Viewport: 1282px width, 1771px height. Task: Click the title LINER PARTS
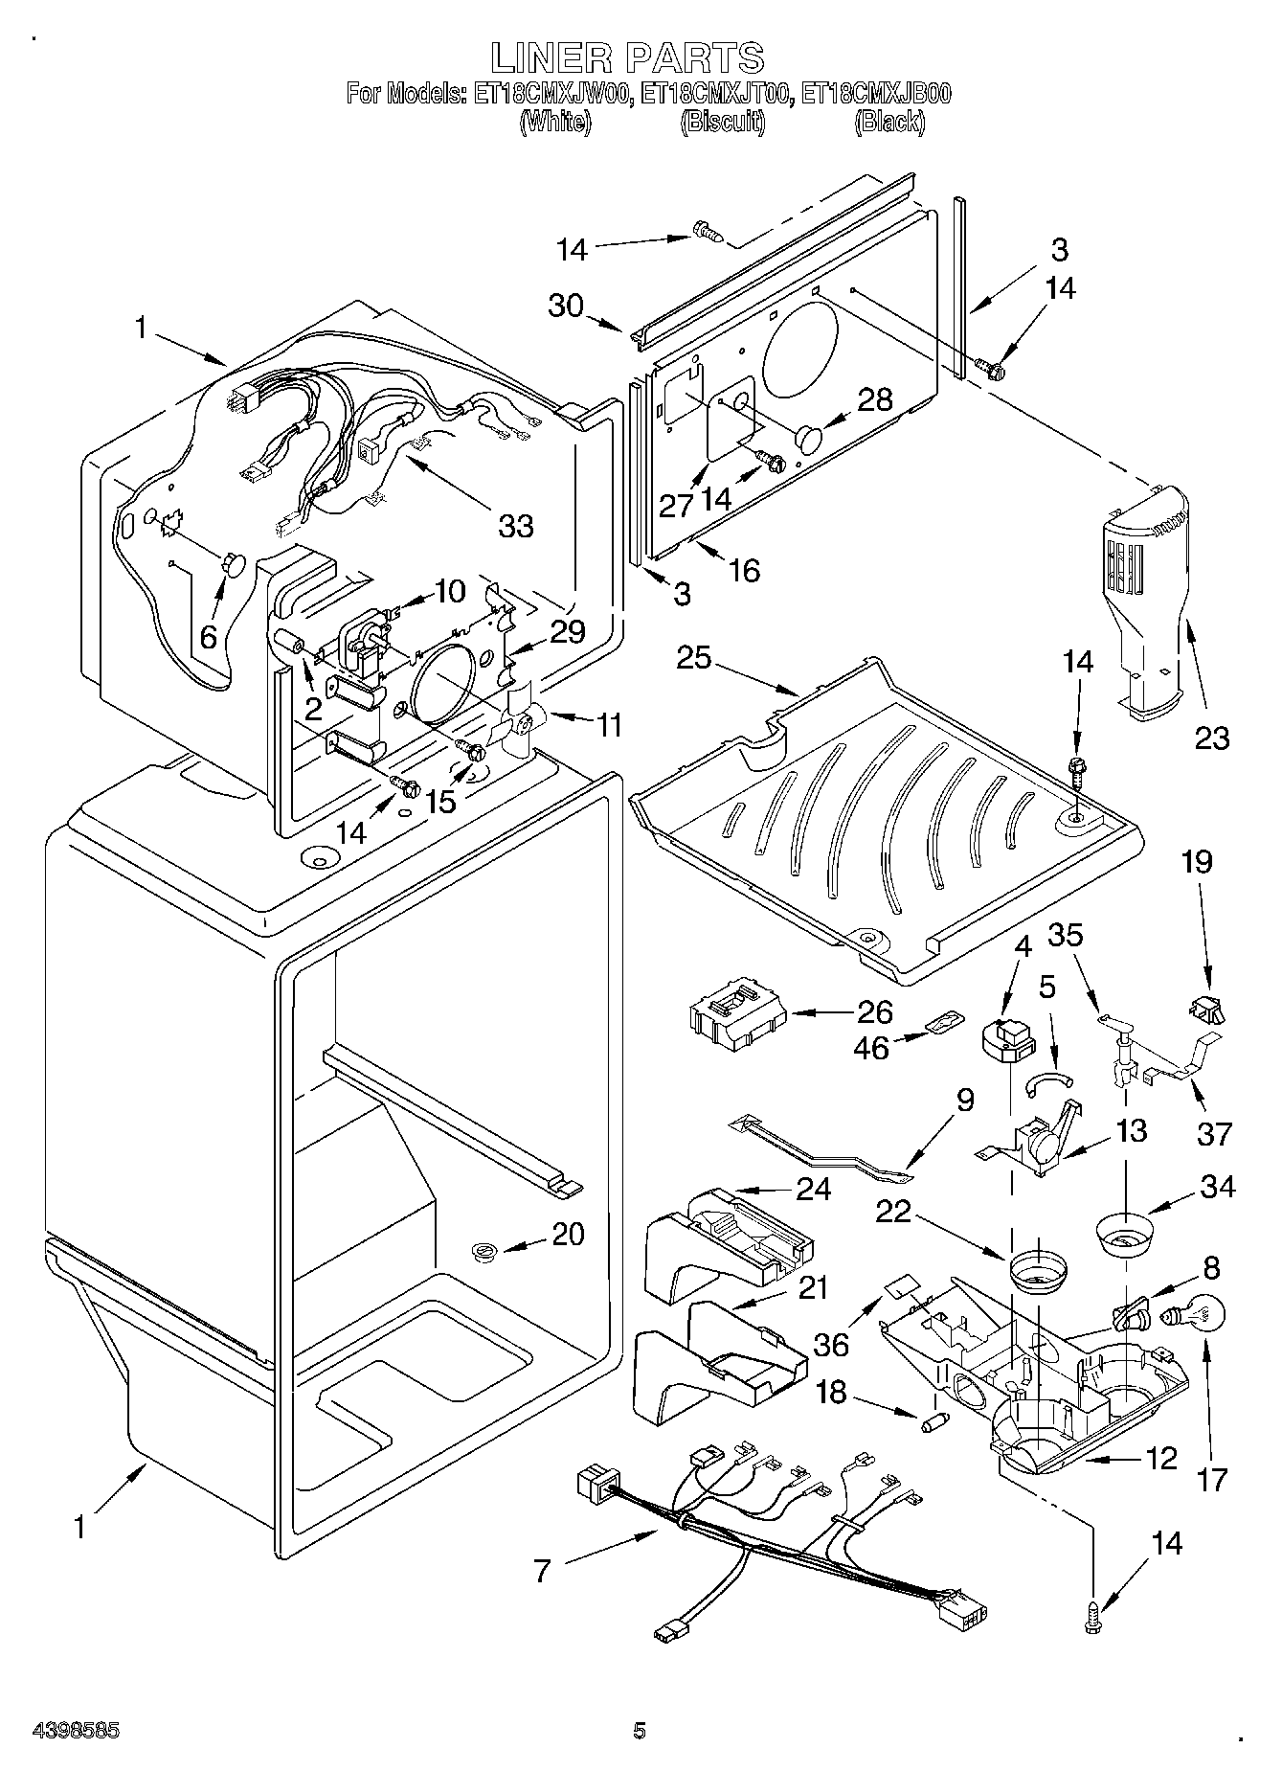tap(628, 57)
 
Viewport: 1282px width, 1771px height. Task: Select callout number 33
tap(515, 525)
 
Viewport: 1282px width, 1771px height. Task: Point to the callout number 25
tap(695, 659)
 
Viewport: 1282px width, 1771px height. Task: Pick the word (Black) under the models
tap(889, 122)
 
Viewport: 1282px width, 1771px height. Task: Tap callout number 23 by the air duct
tap(1211, 738)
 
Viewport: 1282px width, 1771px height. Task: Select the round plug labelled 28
tap(811, 440)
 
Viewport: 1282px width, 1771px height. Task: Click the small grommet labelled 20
tap(486, 1249)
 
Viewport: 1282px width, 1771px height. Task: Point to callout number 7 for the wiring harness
tap(543, 1571)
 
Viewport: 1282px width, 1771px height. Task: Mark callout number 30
tap(566, 306)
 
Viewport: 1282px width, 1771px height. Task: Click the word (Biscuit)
tap(722, 122)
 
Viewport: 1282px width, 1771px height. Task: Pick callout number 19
tap(1197, 862)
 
